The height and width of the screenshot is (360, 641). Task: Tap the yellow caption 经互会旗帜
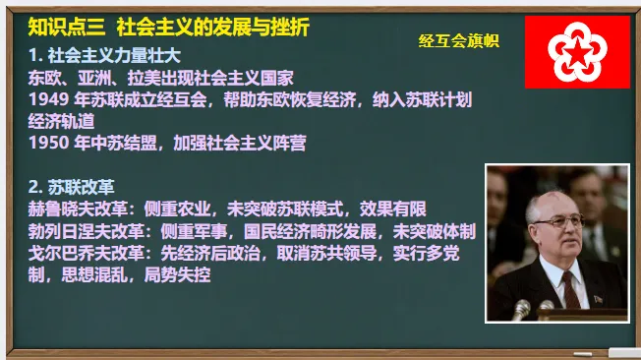point(458,40)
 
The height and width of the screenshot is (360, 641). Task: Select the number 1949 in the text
point(46,98)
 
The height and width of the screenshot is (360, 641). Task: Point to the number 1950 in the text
point(46,143)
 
